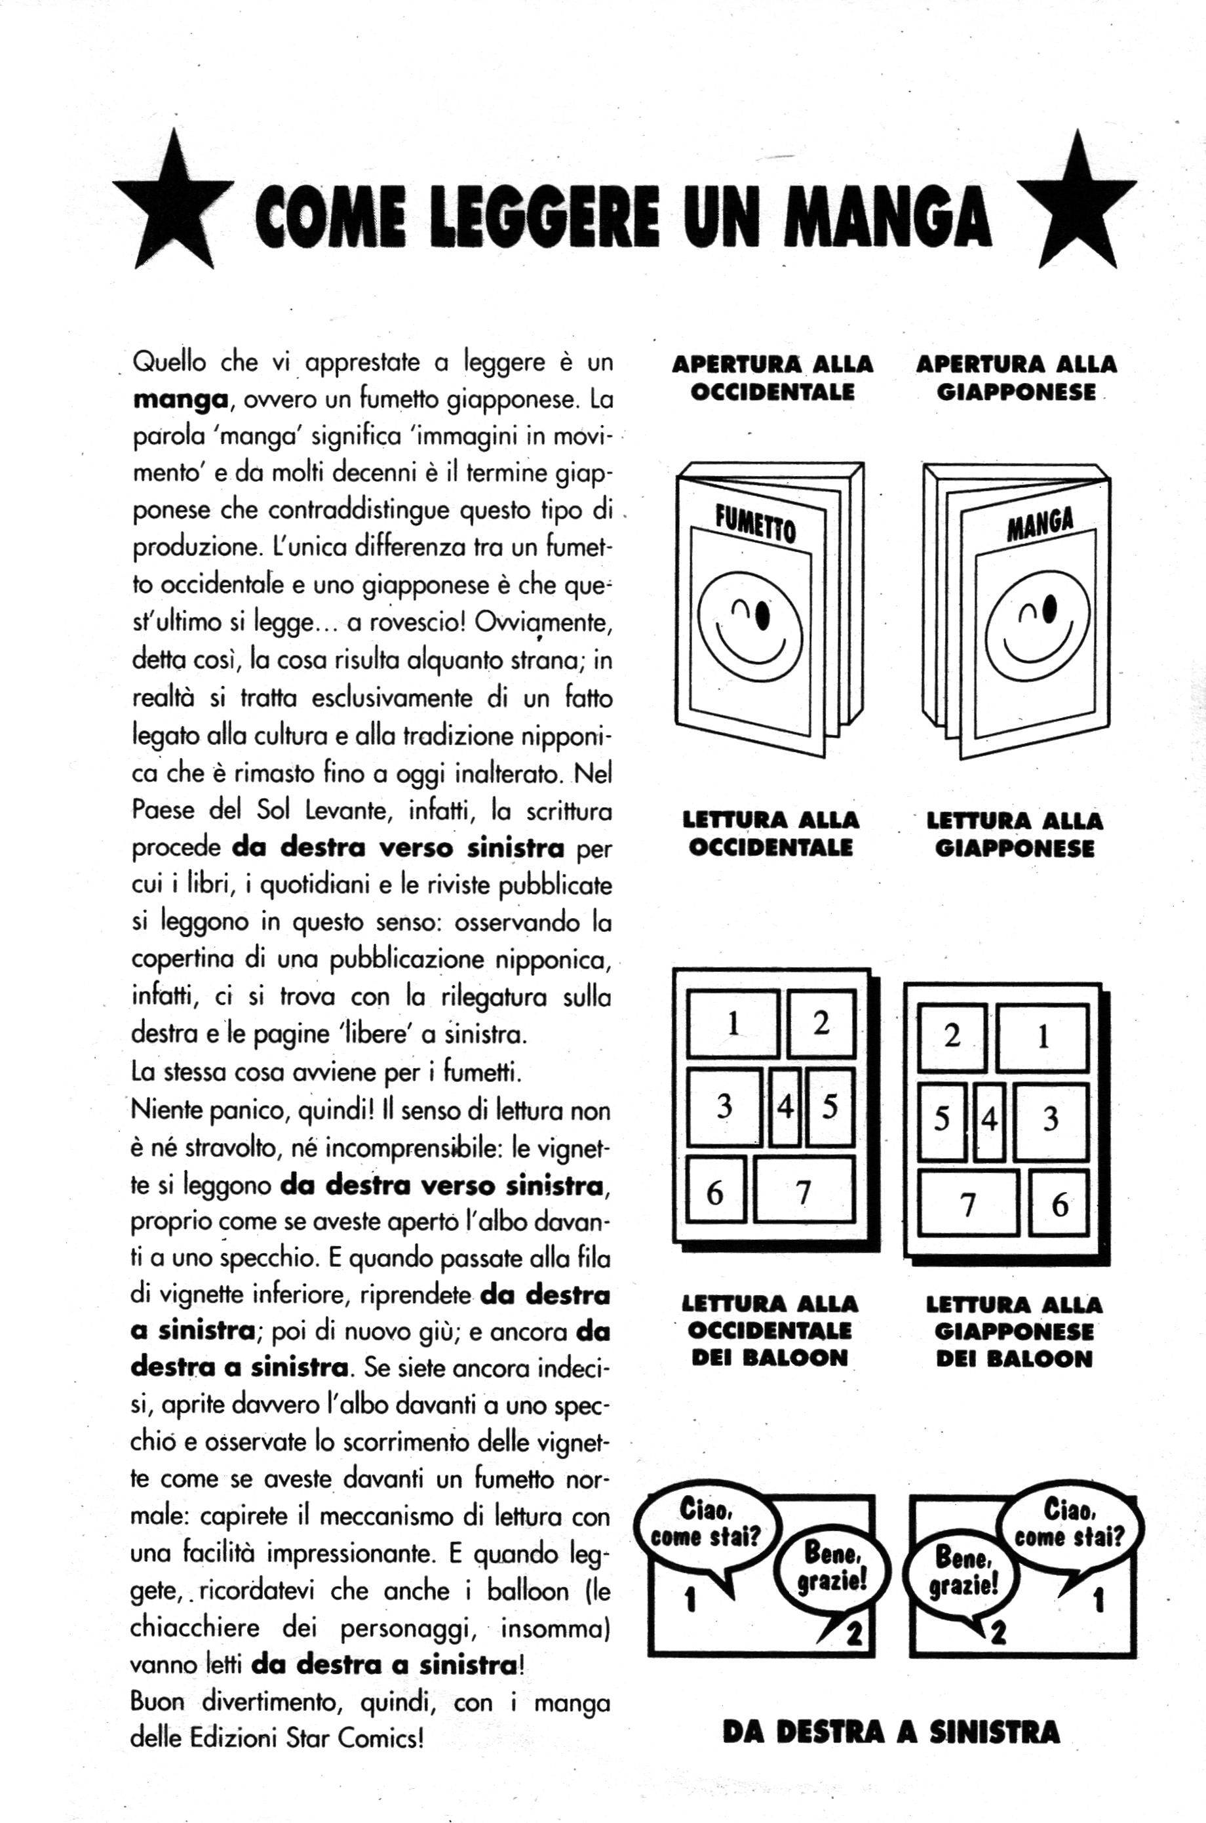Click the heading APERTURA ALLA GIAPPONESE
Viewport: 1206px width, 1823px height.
[1016, 378]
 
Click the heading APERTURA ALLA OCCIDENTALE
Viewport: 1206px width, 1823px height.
[772, 378]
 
